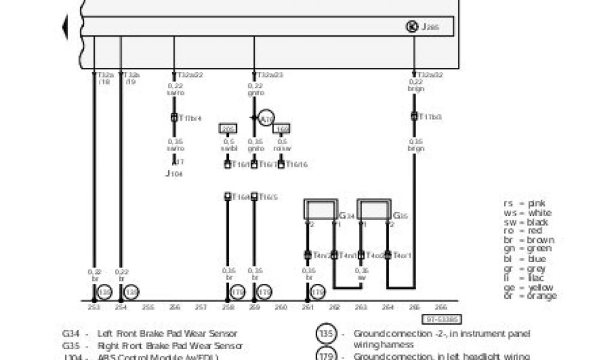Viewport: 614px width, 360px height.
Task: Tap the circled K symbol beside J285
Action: click(x=412, y=26)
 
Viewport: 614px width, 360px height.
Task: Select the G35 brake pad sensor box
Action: click(x=374, y=209)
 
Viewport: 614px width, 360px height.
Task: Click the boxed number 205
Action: click(x=228, y=128)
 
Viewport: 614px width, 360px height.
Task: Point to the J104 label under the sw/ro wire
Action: click(x=173, y=173)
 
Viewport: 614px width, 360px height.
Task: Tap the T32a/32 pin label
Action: click(x=429, y=76)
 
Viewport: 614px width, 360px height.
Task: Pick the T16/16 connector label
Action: click(x=297, y=164)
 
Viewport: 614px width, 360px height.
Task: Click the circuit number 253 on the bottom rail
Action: click(x=94, y=307)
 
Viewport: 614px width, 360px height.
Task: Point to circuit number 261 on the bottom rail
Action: click(x=308, y=307)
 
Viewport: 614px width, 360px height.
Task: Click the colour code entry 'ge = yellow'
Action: click(x=529, y=287)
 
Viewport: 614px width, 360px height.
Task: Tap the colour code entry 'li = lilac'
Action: click(x=526, y=277)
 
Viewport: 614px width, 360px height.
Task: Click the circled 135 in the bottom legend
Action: click(x=327, y=334)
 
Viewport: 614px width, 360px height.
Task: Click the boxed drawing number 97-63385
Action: click(x=444, y=320)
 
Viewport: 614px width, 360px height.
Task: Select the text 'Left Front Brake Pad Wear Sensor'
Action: click(x=167, y=334)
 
